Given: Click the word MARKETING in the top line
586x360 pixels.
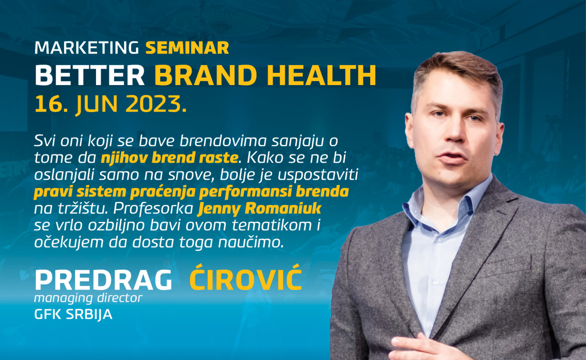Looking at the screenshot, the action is pos(87,48).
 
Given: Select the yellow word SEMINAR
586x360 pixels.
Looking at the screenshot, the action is pos(187,48).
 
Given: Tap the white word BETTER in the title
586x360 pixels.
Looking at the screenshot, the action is pos(90,76).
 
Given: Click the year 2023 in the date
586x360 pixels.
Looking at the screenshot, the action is pos(156,104).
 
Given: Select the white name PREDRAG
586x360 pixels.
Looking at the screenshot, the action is pos(103,280).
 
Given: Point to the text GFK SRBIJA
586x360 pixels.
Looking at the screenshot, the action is pos(73,314).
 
